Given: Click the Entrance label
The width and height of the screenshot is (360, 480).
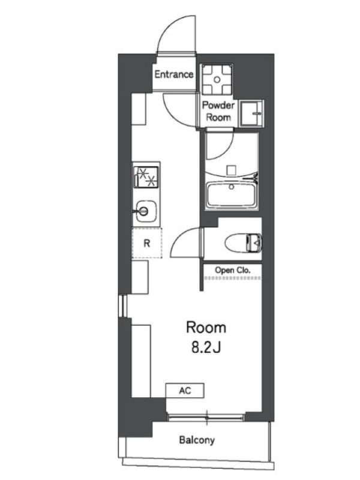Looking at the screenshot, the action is (173, 74).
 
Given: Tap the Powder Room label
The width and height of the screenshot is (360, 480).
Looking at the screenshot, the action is (218, 111).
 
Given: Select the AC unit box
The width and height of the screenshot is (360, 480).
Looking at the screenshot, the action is (185, 391).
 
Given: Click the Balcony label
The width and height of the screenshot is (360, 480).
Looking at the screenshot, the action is (197, 440).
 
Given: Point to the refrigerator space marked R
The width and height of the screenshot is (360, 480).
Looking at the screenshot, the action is (147, 244).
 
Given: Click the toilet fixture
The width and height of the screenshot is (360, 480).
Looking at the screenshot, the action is (244, 243).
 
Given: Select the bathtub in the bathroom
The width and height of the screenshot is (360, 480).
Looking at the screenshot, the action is (232, 195).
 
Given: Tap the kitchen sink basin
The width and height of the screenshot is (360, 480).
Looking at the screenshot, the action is (146, 211).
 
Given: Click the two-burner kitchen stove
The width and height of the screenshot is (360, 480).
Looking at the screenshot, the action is (146, 177).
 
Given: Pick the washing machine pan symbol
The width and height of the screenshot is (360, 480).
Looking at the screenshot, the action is (217, 80).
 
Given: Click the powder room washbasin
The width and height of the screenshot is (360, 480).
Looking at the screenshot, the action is (251, 113).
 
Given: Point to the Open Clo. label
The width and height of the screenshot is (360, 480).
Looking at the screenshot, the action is (233, 271).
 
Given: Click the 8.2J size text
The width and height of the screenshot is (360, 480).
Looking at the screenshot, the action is (206, 348).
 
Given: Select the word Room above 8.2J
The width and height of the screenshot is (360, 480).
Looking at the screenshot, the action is (206, 327).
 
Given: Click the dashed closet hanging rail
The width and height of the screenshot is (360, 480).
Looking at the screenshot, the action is (233, 278).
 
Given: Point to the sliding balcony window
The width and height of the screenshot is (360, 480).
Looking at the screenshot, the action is (206, 417).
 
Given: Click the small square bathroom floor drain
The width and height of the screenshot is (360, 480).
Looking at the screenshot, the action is (232, 170).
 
